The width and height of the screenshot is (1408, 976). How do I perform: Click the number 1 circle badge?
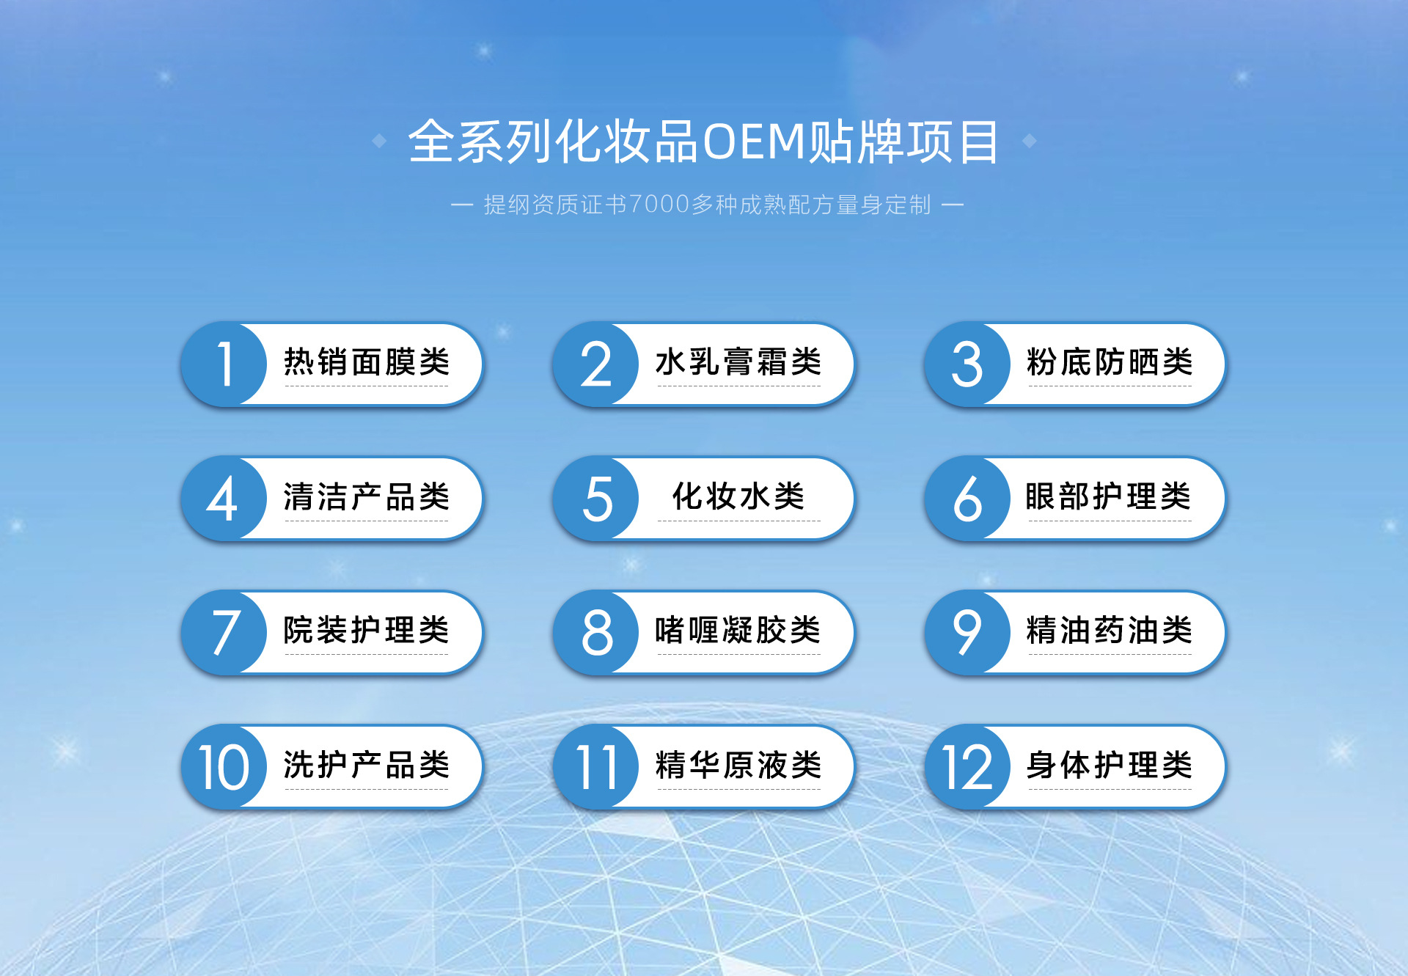click(x=224, y=364)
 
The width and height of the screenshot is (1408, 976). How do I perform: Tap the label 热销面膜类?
click(x=367, y=362)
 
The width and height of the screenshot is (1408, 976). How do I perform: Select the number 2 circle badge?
click(x=596, y=364)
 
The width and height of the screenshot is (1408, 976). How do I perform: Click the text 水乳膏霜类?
click(x=738, y=362)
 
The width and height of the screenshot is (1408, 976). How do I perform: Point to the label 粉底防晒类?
click(x=1110, y=362)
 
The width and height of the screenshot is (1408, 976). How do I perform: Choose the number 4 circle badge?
click(x=224, y=499)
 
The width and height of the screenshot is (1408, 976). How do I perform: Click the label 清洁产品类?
click(x=367, y=496)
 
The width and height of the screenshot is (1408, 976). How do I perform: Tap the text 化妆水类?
click(x=738, y=496)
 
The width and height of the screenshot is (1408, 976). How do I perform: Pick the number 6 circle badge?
click(x=968, y=499)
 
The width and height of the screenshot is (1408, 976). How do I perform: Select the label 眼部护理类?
click(x=1109, y=496)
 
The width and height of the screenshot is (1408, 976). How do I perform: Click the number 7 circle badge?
click(x=224, y=632)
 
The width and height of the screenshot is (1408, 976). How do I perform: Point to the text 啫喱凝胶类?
click(x=738, y=630)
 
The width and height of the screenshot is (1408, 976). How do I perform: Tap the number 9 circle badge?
click(x=968, y=632)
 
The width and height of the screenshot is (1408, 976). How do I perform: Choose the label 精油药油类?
click(x=1110, y=630)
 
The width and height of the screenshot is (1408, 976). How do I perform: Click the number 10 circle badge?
click(x=224, y=767)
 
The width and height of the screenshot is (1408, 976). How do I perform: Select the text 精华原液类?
click(x=738, y=765)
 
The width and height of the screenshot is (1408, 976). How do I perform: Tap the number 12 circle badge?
click(x=968, y=767)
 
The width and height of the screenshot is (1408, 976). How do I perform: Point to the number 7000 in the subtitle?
click(x=659, y=205)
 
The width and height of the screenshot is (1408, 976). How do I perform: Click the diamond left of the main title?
click(x=379, y=141)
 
